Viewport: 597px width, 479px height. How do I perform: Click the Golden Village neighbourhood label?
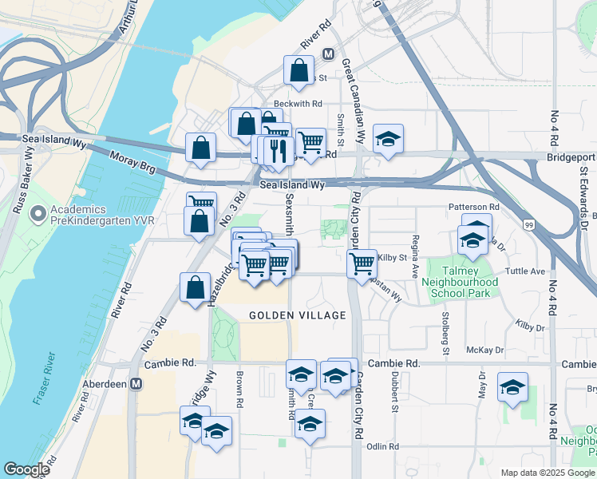298,315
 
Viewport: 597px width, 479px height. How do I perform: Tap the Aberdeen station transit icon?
136,384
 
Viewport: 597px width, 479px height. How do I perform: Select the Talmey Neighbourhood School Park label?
464,287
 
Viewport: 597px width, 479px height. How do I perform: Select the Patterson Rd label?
473,207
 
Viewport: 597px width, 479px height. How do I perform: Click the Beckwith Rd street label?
298,104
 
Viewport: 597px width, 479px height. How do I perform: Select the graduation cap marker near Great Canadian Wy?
389,138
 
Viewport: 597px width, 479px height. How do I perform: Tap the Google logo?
26,469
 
